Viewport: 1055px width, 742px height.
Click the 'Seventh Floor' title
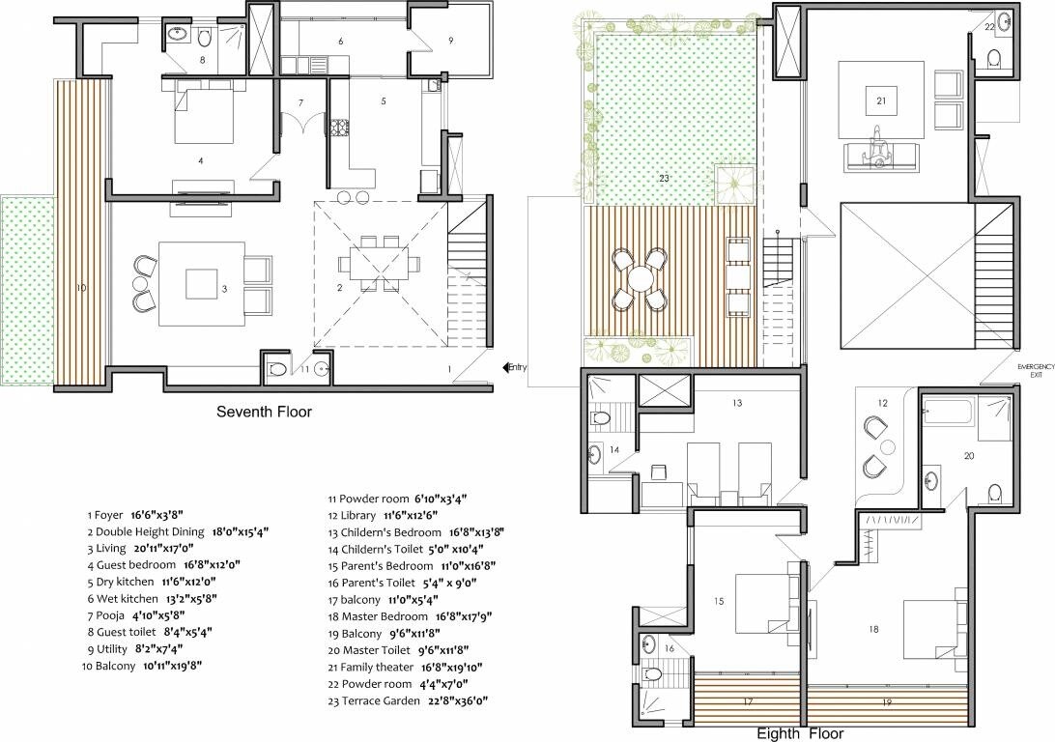click(264, 413)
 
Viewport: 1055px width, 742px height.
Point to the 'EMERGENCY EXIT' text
click(1034, 370)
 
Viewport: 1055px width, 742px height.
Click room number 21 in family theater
click(881, 100)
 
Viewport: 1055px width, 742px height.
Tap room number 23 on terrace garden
click(664, 178)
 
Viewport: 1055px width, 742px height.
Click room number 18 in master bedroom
click(873, 629)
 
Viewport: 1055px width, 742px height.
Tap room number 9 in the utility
click(450, 40)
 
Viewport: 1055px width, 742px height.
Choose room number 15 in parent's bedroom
click(719, 601)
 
